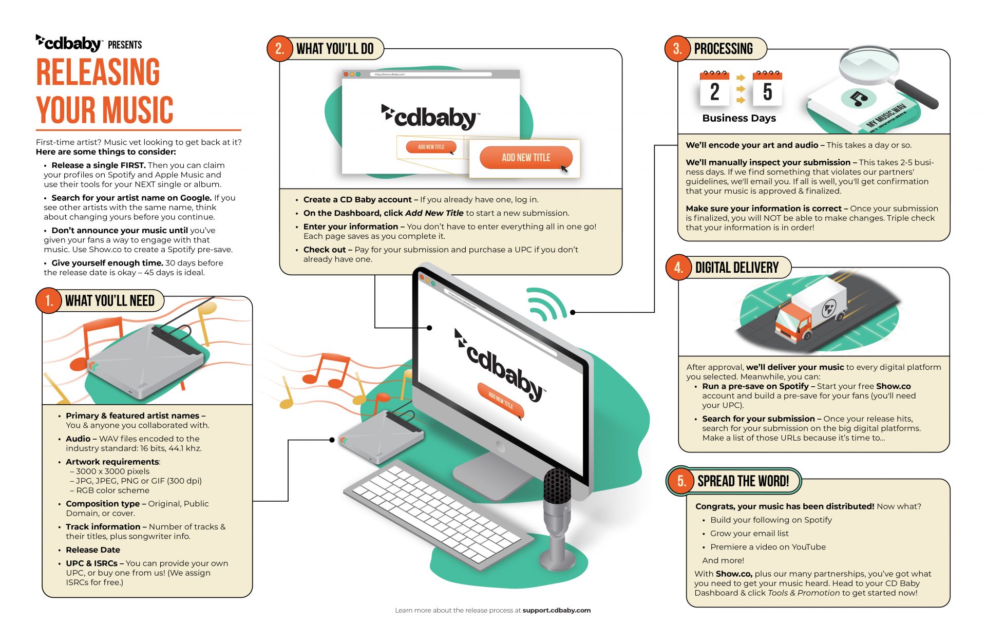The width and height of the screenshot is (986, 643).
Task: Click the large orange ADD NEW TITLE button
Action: [x=525, y=158]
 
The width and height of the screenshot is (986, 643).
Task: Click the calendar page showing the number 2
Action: [x=714, y=90]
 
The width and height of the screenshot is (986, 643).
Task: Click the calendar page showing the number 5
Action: [x=767, y=90]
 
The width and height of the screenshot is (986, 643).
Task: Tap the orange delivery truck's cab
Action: [x=791, y=322]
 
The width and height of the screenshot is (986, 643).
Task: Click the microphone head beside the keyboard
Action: [x=557, y=485]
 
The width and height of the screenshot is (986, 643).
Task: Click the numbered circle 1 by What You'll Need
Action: [x=49, y=300]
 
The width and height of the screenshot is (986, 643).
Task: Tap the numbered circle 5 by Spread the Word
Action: [x=681, y=481]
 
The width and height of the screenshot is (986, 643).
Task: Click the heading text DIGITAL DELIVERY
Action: [x=736, y=268]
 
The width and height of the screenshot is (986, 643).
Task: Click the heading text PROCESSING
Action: [x=723, y=49]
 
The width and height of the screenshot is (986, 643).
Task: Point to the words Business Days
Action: [x=738, y=118]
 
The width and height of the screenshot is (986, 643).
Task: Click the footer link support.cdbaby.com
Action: [x=556, y=610]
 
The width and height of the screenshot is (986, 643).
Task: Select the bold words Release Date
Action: [x=93, y=550]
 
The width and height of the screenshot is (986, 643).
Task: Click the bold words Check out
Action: [x=325, y=250]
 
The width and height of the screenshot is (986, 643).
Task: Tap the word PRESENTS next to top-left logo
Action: [x=125, y=45]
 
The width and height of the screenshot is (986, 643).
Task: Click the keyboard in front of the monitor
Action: [x=437, y=514]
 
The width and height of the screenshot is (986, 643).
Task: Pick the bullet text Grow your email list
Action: [x=749, y=534]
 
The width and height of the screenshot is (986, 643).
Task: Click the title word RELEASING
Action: [x=98, y=72]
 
